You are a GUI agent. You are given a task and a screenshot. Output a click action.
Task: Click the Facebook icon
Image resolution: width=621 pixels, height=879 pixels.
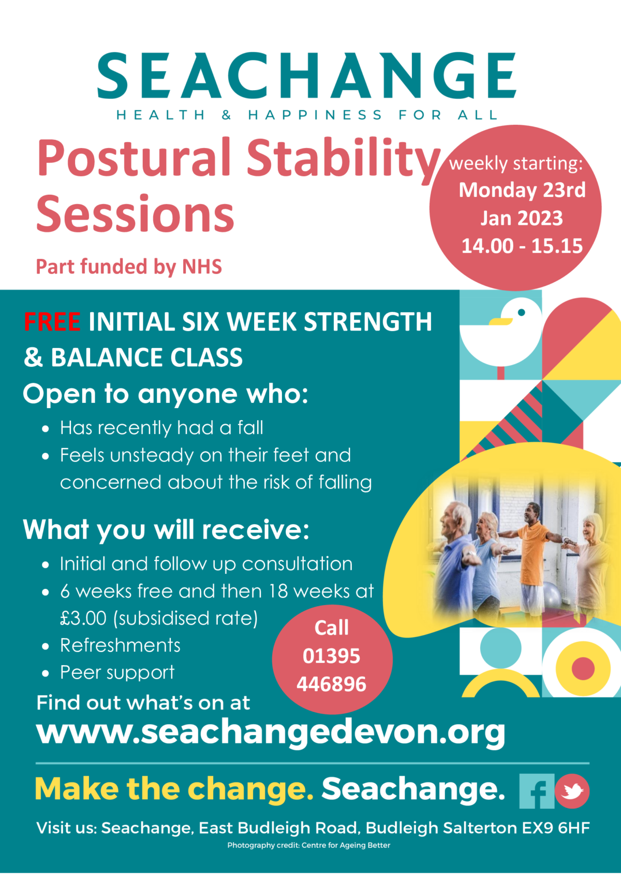pos(537,791)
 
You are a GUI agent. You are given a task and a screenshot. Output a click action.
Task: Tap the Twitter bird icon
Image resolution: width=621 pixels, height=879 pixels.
pos(572,791)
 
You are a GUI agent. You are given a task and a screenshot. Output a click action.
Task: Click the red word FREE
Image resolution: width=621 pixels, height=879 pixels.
pos(52,322)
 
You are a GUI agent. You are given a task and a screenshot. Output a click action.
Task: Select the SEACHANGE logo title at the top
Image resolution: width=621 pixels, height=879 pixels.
pos(306,75)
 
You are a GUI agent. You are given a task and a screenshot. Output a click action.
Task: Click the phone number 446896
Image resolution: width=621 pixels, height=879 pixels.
pos(331,684)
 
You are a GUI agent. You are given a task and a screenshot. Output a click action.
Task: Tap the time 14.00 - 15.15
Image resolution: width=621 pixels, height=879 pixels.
pos(522,246)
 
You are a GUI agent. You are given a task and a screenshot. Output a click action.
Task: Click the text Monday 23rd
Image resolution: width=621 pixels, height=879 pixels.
pos(522,190)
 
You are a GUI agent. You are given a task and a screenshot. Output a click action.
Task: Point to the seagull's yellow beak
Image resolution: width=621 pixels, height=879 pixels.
pos(500,321)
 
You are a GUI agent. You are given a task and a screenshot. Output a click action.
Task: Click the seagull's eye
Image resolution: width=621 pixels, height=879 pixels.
pos(522,312)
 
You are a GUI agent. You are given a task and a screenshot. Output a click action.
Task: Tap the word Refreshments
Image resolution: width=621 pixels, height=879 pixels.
pos(120,645)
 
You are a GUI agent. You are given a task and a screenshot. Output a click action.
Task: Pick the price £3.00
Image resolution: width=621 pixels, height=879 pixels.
pos(83,618)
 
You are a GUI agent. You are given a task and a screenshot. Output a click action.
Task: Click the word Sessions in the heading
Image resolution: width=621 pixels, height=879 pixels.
pos(135,214)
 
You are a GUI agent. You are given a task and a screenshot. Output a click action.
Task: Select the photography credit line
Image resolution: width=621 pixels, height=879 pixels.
pos(309,845)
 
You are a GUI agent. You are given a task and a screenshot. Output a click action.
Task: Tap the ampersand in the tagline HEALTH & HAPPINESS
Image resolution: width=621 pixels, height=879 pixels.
pos(226,115)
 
